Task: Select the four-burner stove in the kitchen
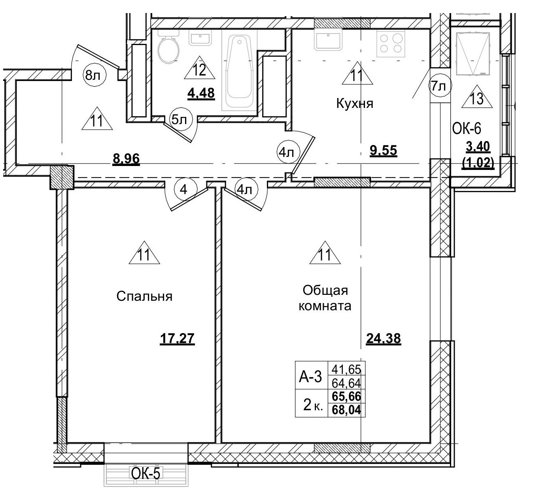point(391,43)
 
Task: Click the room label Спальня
point(144,296)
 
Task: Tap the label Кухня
point(355,104)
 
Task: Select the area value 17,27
point(178,339)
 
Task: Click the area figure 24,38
point(383,339)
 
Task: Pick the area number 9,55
point(383,151)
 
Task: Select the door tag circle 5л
point(180,120)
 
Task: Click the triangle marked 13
point(477,98)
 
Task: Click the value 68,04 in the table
point(347,410)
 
